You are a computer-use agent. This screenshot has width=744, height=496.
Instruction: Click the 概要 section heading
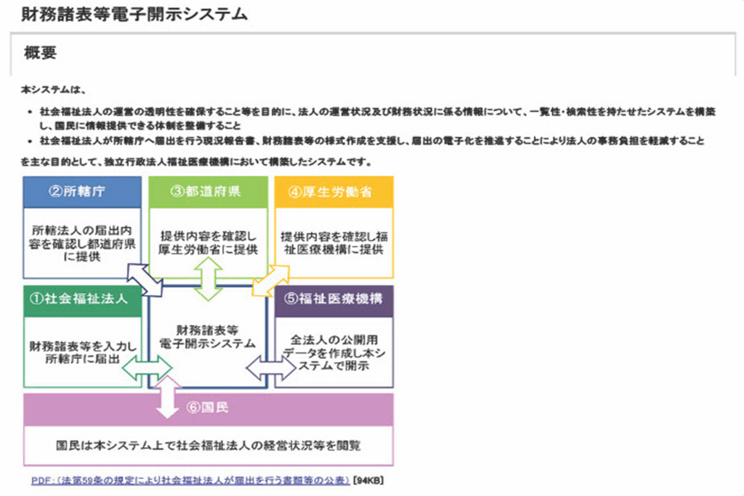(40, 53)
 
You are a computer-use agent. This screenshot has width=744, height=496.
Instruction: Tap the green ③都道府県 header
(208, 192)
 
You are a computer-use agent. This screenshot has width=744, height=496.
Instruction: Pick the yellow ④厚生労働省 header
(334, 192)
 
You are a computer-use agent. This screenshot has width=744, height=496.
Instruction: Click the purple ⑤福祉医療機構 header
(334, 299)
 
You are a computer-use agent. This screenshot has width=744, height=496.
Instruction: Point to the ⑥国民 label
(207, 408)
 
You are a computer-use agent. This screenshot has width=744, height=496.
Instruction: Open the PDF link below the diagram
(191, 480)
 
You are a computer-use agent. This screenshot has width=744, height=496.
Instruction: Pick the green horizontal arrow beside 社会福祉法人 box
(146, 368)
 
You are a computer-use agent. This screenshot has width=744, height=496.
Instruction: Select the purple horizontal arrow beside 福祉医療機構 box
(271, 368)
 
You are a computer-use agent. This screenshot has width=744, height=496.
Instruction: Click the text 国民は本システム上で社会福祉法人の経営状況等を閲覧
(208, 445)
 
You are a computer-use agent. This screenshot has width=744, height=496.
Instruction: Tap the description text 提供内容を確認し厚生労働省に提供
(208, 242)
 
